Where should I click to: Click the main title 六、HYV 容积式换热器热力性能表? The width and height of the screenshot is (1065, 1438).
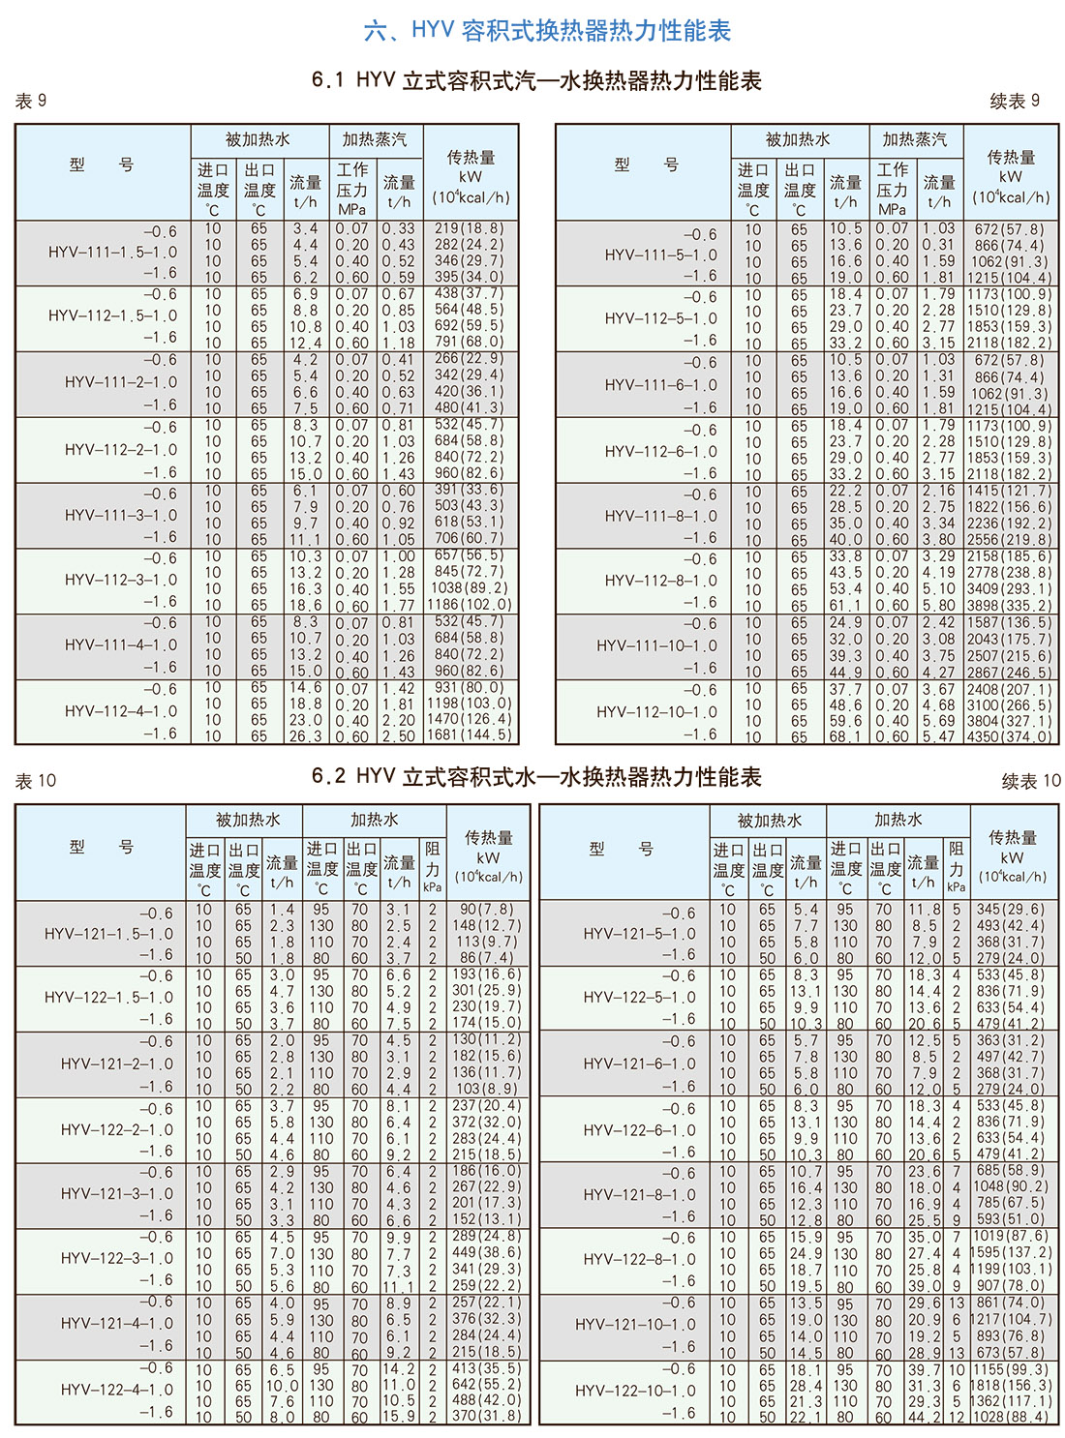547,30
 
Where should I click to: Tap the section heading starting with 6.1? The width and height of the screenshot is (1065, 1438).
536,80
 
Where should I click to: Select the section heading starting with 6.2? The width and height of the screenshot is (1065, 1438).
536,776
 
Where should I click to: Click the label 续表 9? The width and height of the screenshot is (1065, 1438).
1015,101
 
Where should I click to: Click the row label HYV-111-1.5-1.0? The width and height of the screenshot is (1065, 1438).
112,252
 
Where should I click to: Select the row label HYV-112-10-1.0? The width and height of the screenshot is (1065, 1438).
656,712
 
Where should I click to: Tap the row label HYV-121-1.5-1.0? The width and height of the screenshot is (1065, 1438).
108,934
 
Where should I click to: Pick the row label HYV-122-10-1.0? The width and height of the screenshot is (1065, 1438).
635,1391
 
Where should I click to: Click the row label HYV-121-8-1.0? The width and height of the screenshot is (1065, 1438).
639,1195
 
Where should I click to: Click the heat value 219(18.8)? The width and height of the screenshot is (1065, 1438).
469,229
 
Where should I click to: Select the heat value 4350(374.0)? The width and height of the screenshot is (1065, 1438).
1011,736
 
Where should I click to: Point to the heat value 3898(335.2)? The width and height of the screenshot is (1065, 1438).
1011,605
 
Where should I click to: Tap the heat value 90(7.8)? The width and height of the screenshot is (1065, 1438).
487,910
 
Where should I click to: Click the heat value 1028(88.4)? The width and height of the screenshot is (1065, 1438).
1011,1417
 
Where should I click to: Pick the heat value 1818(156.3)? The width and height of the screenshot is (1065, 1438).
1011,1385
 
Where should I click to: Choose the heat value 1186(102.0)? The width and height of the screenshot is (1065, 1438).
470,605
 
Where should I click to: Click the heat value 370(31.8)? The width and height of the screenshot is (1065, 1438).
486,1416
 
